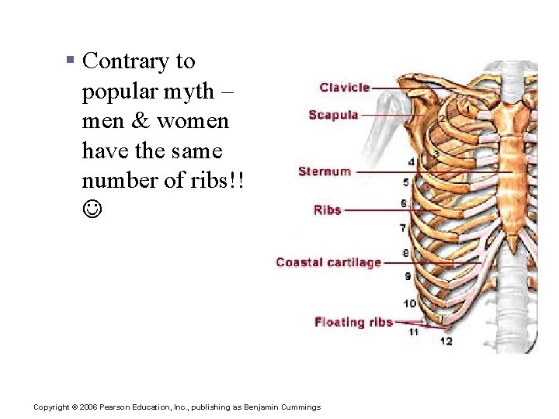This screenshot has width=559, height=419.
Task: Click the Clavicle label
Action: coord(345,88)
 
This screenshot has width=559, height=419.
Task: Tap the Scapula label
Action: coord(333,115)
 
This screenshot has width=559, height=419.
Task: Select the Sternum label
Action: coord(325,171)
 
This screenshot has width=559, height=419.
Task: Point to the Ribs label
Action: coord(327,209)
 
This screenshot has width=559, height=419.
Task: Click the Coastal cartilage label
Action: coord(328,262)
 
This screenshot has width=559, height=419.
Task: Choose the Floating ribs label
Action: coord(353,322)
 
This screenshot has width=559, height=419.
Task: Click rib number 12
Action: coord(446,340)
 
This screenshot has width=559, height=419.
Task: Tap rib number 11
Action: coord(414,332)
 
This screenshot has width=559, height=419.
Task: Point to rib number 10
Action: coord(409,303)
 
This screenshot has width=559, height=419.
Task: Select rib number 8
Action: coord(405,253)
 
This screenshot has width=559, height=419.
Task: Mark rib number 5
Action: coord(406,182)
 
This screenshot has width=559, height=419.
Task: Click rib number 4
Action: coord(411,162)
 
